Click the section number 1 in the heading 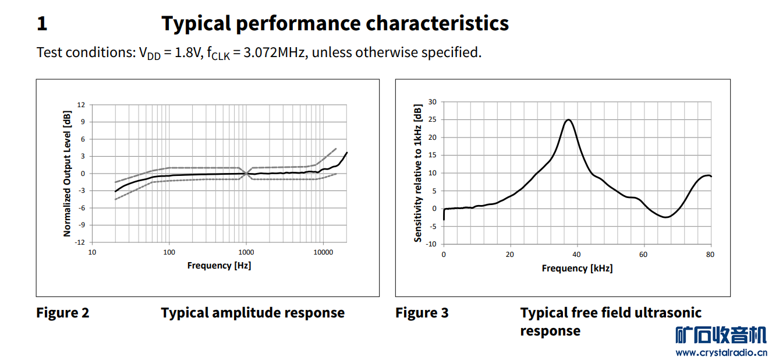[42, 24]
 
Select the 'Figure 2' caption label [63, 313]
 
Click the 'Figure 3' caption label [422, 313]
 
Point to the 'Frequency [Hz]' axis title [219, 266]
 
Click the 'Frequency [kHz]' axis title [577, 269]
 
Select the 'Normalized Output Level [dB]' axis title [67, 174]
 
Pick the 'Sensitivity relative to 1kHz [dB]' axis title [417, 173]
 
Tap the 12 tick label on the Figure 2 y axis [81, 105]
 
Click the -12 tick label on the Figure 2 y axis [80, 242]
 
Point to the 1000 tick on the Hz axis [246, 253]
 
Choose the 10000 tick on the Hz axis [323, 253]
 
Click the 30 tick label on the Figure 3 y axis [432, 102]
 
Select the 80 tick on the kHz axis [710, 255]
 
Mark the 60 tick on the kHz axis [643, 255]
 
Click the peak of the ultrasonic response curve [568, 119]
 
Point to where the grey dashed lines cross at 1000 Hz [246, 173]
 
